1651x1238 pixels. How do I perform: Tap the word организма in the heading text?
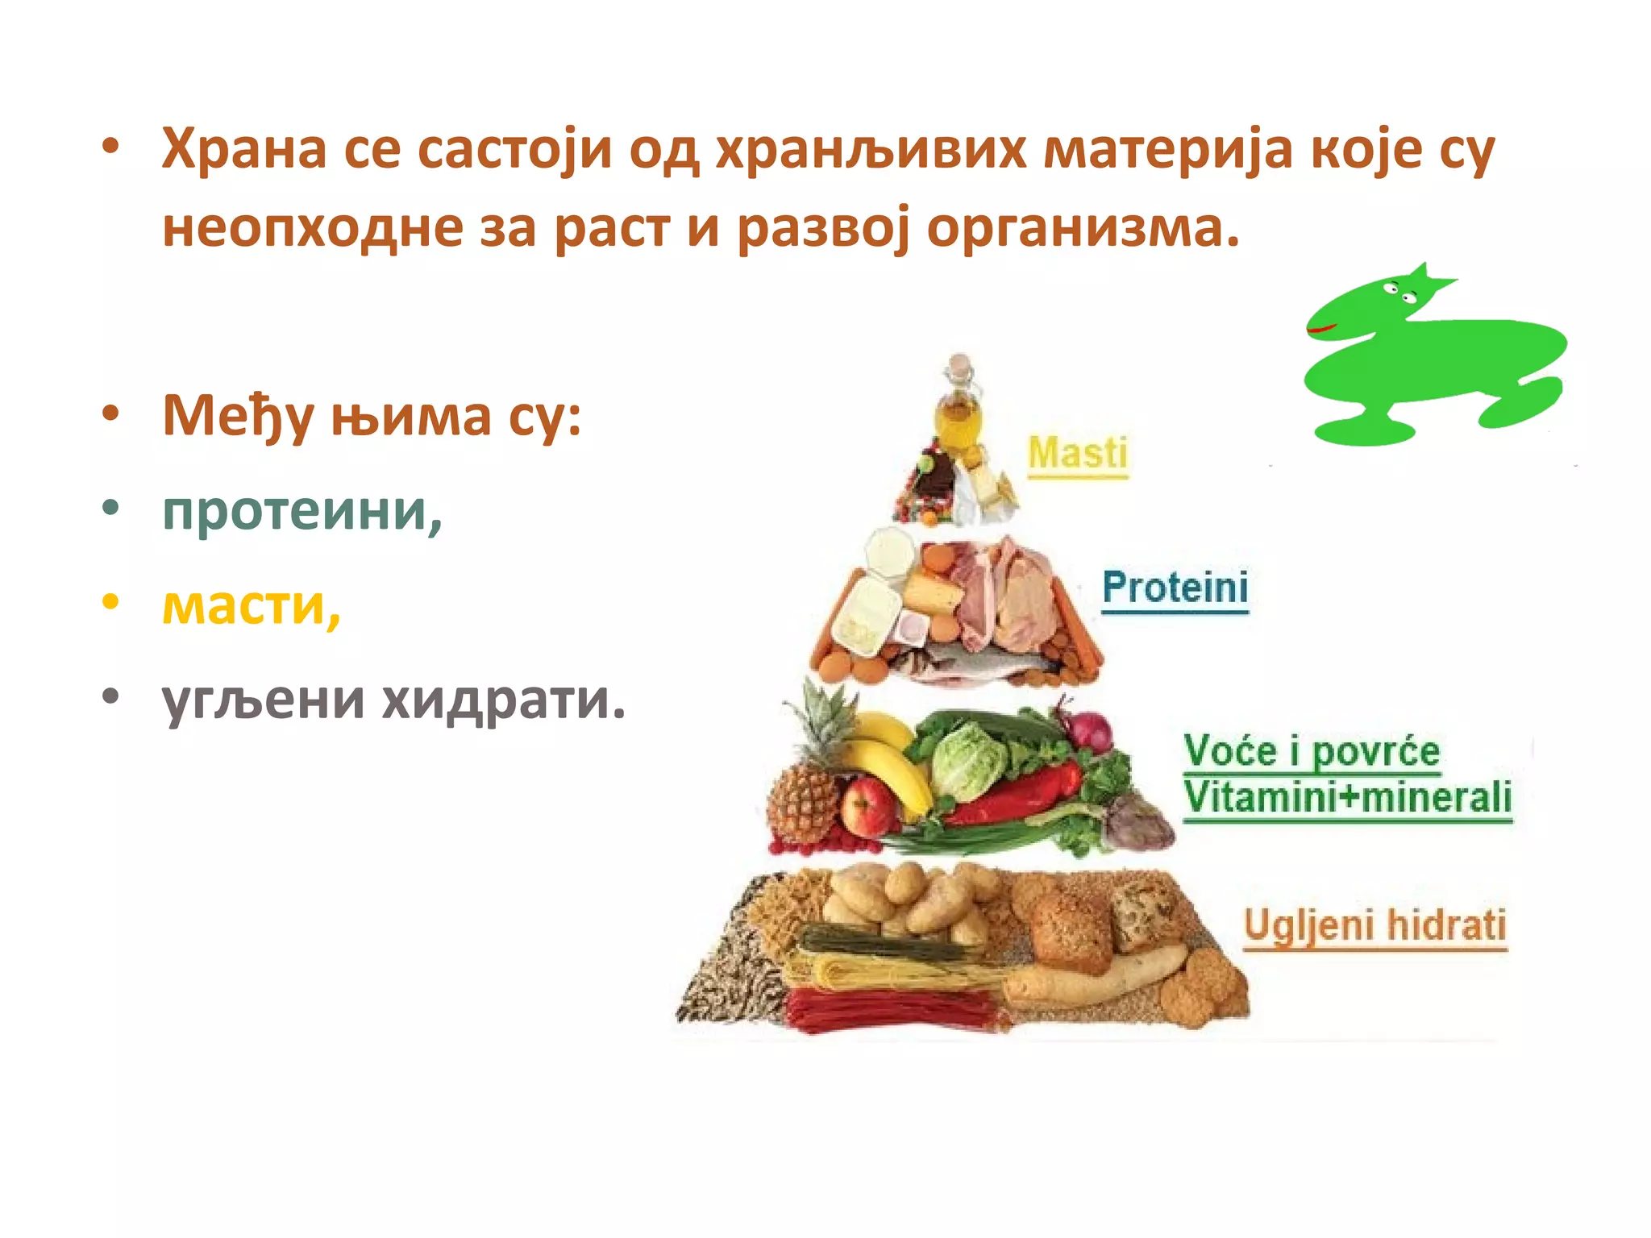point(1082,228)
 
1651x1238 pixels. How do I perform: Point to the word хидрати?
point(503,700)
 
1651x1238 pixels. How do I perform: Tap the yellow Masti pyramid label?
point(1078,453)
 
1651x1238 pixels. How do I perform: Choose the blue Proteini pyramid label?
point(1175,587)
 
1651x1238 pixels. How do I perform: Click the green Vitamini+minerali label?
point(1347,797)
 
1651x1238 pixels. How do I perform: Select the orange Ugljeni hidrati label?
point(1374,924)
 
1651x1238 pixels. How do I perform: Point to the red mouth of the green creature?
point(1322,329)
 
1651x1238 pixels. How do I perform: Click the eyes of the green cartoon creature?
point(1399,293)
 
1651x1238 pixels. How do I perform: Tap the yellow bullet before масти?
point(110,601)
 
